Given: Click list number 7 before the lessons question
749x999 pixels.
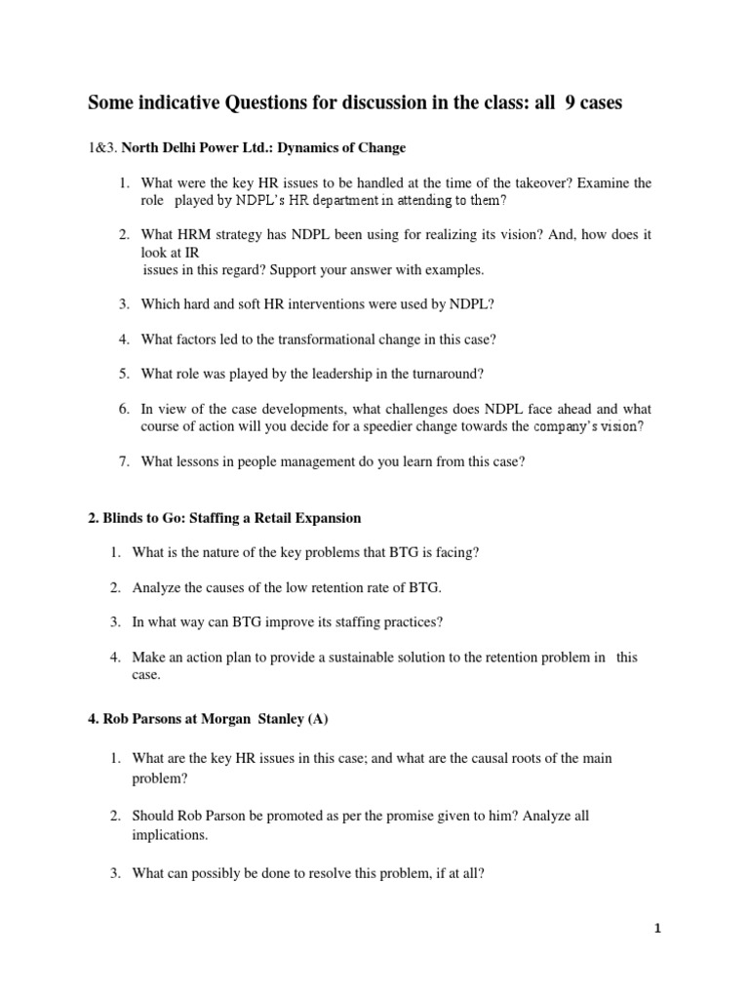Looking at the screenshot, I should tap(125, 462).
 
